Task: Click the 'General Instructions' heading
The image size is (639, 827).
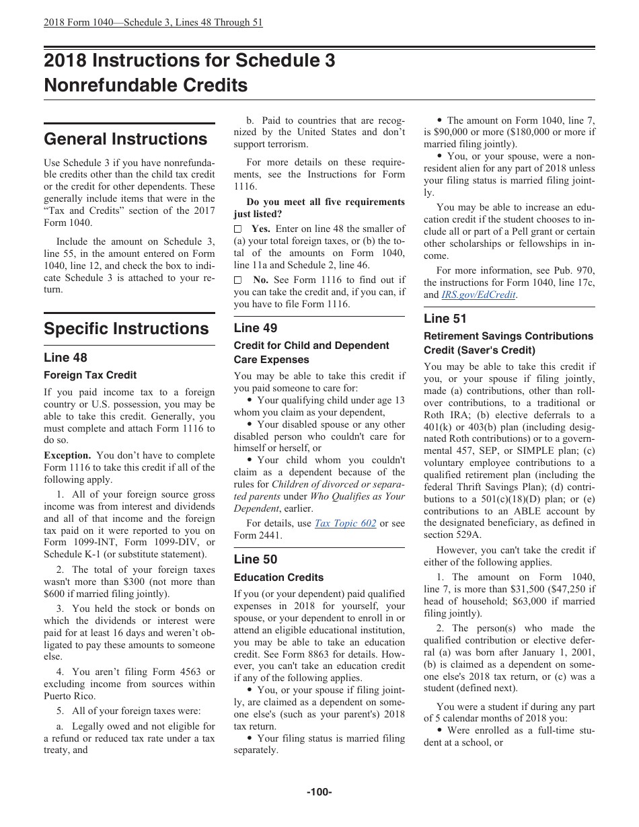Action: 125,139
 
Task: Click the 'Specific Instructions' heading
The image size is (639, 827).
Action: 126,329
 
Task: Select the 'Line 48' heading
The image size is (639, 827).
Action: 65,358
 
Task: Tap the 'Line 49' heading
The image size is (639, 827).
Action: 256,328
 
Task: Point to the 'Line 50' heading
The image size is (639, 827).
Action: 256,559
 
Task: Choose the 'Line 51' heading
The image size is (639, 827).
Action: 445,319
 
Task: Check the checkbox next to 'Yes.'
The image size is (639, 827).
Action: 237,229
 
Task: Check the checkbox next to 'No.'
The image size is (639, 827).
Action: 237,280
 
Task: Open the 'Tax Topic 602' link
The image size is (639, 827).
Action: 345,524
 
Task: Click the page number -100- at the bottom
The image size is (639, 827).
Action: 319,792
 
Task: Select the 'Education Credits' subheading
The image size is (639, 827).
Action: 278,578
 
